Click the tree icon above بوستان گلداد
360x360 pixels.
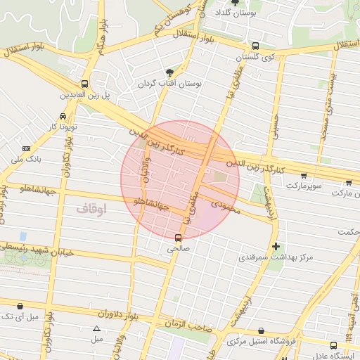pos(235,3)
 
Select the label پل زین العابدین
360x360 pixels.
pos(84,94)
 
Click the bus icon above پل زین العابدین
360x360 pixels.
pos(84,83)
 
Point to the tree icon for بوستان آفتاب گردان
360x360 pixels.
pos(169,72)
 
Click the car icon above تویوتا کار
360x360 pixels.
pos(63,116)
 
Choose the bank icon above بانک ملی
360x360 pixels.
pos(27,148)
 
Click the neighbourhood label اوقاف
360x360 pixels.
pos(89,209)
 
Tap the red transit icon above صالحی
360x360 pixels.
pos(177,238)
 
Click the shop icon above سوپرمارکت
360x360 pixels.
pos(303,176)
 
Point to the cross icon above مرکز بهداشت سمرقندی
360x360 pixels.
pos(276,247)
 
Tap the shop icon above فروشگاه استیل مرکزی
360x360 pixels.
pos(262,330)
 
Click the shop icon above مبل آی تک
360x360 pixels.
pos(19,307)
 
